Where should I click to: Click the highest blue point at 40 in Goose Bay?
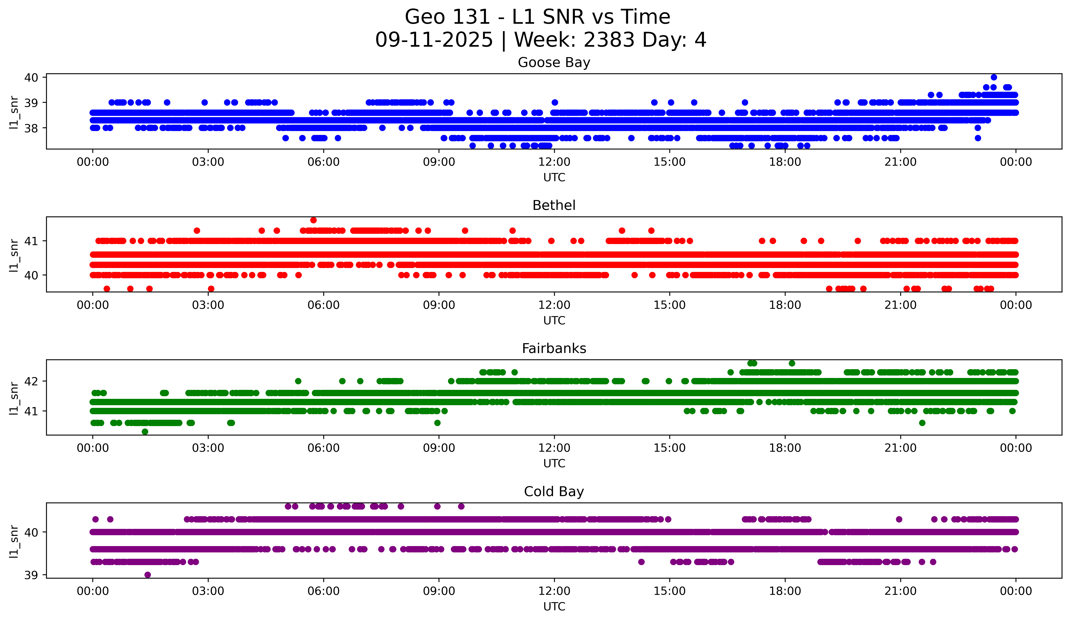pos(994,77)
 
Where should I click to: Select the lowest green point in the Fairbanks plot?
pos(145,432)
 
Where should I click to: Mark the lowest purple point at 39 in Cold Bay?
pos(147,575)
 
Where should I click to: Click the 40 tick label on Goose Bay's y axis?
pos(31,77)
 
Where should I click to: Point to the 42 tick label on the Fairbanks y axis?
pos(31,381)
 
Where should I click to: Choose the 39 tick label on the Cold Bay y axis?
pos(31,575)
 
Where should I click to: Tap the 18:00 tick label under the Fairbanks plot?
pos(785,448)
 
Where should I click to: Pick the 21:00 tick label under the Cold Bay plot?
pos(900,591)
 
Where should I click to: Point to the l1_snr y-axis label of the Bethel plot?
pos(14,255)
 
